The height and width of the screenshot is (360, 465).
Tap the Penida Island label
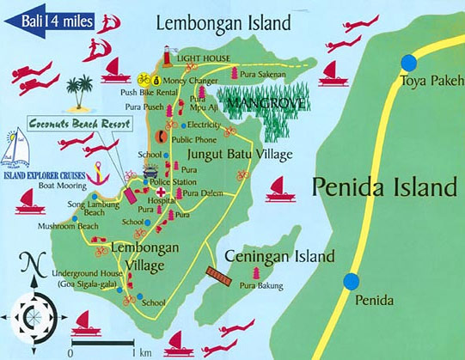(x=383, y=186)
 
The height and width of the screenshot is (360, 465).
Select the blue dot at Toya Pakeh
(x=408, y=62)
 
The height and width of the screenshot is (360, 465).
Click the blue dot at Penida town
(x=352, y=281)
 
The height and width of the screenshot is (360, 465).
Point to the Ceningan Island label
(x=278, y=257)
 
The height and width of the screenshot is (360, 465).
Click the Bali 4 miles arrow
(x=47, y=16)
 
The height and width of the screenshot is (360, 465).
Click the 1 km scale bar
(x=101, y=343)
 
